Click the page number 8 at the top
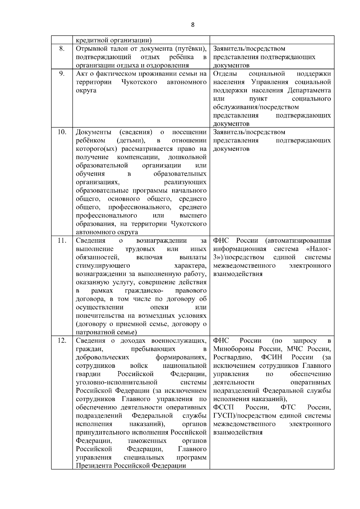[x=193, y=25]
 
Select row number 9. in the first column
[x=61, y=74]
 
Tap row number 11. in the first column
[x=61, y=241]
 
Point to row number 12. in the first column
[x=61, y=341]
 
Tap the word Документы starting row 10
[x=94, y=132]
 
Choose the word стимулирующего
[x=103, y=266]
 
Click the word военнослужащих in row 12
[x=179, y=341]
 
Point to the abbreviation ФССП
[x=223, y=408]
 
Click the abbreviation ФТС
[x=288, y=408]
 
